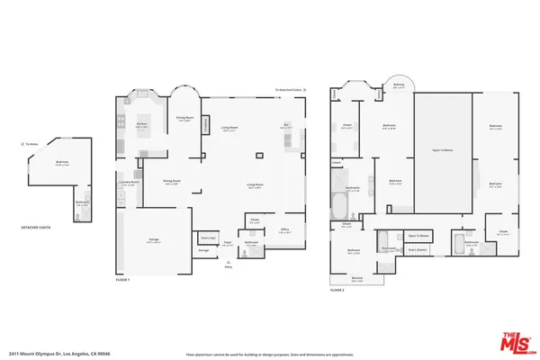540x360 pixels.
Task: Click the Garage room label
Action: click(x=141, y=240)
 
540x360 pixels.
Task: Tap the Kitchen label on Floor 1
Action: click(x=141, y=125)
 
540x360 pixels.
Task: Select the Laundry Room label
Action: click(x=129, y=183)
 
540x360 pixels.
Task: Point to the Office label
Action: click(x=283, y=230)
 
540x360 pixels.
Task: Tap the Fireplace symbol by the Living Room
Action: click(x=205, y=124)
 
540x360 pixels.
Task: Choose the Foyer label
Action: click(x=229, y=243)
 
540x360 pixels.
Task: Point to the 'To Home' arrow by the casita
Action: click(x=31, y=144)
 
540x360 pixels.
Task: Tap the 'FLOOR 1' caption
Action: click(x=123, y=280)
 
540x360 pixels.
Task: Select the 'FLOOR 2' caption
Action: click(x=337, y=291)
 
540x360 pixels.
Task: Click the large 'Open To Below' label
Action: click(x=442, y=150)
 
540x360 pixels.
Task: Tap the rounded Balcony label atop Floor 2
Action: click(x=399, y=85)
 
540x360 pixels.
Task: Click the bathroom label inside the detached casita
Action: click(x=82, y=202)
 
